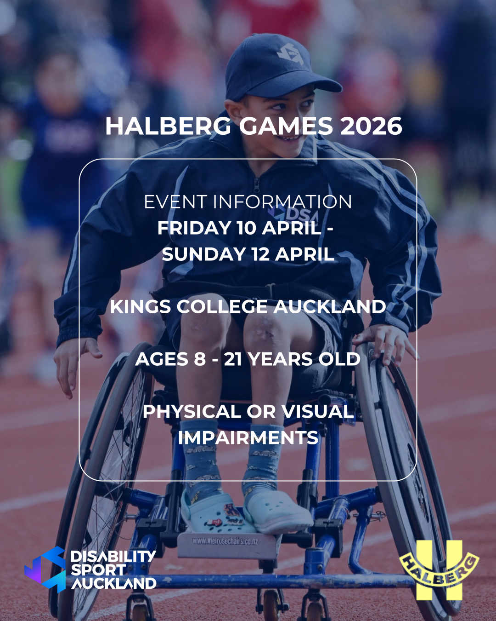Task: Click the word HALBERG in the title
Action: [168, 126]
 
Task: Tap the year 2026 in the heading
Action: [372, 126]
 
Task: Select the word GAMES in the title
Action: [286, 126]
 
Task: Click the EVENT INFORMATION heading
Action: [248, 202]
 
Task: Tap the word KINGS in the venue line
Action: [141, 307]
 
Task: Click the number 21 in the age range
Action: [233, 359]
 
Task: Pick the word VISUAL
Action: [317, 412]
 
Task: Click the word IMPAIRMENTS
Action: [248, 438]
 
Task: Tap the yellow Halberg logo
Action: [439, 570]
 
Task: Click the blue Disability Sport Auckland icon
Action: [45, 569]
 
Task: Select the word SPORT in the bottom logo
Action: [98, 570]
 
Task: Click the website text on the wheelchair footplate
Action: [225, 541]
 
